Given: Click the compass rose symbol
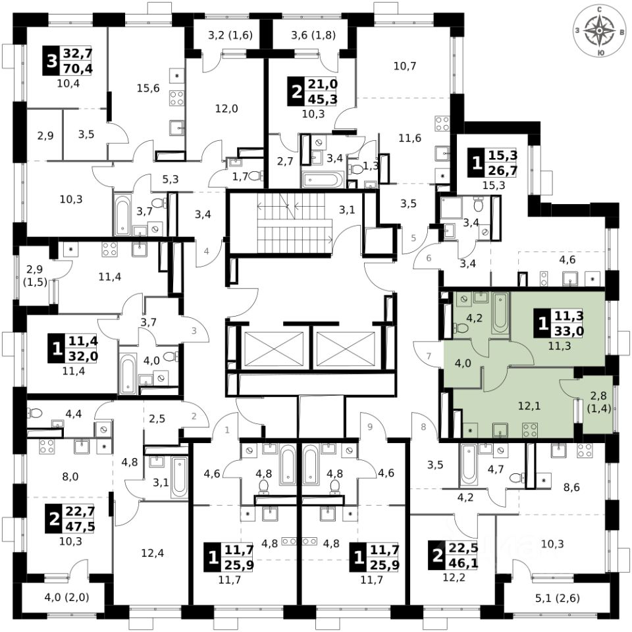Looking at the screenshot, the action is pos(600,30).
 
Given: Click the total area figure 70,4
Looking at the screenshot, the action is pos(78,66).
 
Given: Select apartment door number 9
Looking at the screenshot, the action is pos(369,426).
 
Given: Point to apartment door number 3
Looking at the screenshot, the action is pos(194,331).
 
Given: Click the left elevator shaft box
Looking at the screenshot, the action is pos(273,348).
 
